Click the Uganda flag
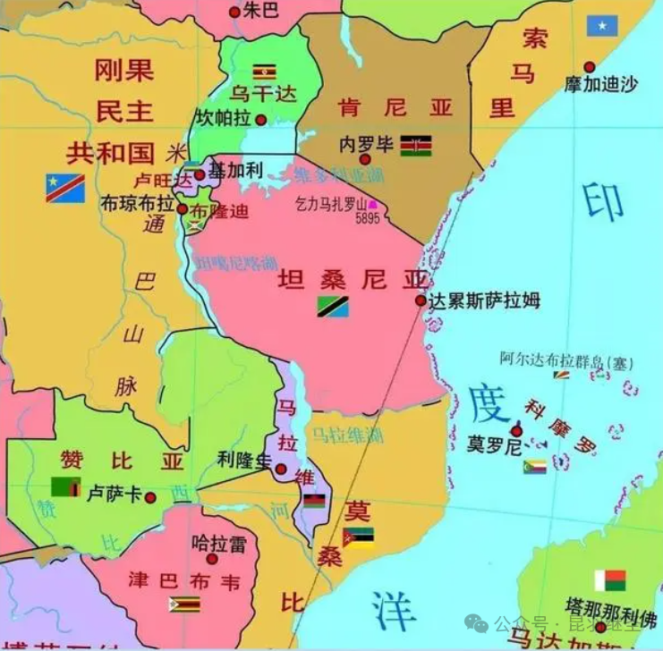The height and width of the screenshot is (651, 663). coord(264,72)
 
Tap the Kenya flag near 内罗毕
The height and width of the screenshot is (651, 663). coord(415,146)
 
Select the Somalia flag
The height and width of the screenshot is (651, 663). coord(602,26)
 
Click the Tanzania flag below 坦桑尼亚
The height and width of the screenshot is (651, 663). coord(333,306)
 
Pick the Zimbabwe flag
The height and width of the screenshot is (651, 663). coord(184,604)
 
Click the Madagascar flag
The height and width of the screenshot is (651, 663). coord(609,580)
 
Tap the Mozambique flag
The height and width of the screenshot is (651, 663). coord(358,536)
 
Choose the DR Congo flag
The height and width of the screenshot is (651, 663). coord(65,188)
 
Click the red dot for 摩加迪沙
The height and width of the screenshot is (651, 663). coord(589,66)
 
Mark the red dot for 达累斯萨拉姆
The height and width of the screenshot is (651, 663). coord(421,300)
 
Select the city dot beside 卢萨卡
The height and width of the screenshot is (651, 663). coord(150,497)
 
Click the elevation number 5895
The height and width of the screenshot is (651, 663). coord(367,217)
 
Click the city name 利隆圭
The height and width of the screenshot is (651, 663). coord(243,460)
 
